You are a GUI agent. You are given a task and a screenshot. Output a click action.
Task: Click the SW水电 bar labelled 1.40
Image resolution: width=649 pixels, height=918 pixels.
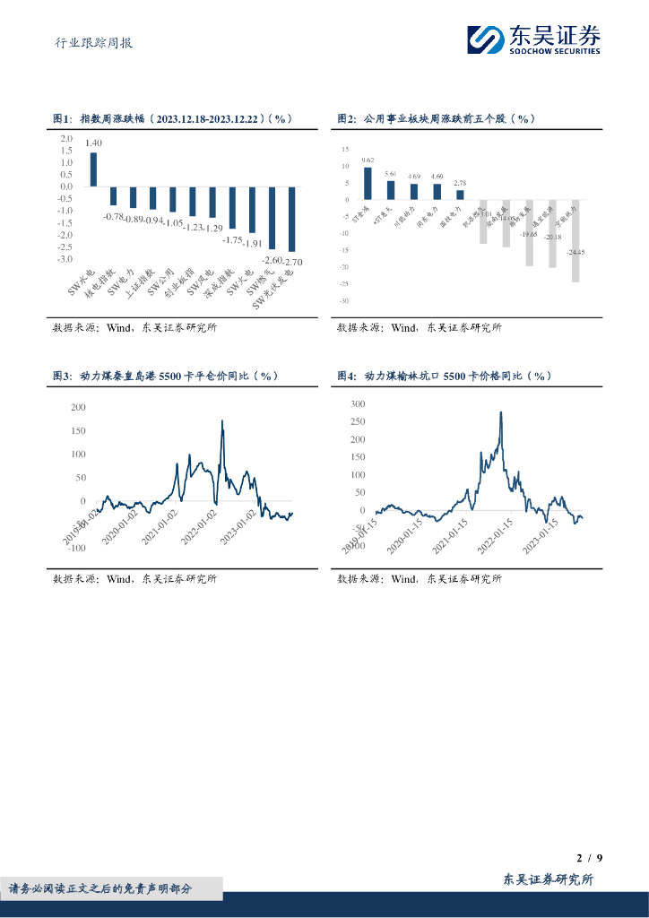click(93, 169)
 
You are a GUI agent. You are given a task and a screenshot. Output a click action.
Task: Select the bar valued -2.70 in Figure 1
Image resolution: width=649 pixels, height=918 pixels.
click(291, 219)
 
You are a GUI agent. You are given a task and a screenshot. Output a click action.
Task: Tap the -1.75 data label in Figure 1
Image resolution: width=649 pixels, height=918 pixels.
click(233, 239)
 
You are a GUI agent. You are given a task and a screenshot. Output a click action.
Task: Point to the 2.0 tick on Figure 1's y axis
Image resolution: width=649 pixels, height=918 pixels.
click(66, 139)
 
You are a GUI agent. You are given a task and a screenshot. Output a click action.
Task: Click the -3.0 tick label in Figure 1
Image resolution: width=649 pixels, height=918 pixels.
click(65, 259)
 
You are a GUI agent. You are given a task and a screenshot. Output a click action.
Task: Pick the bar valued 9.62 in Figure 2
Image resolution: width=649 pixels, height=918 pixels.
click(368, 183)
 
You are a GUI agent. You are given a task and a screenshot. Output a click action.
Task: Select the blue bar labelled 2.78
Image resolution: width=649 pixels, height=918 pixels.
click(460, 194)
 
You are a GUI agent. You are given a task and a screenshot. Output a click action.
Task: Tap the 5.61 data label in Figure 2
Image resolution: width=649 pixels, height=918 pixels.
click(391, 173)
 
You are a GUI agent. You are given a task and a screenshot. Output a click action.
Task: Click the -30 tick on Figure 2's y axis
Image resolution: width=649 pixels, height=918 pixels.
click(344, 301)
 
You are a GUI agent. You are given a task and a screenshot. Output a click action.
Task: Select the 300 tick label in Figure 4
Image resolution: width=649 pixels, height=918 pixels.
click(358, 404)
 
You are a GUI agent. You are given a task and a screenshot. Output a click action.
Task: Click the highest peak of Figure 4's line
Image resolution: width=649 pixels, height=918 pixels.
click(500, 412)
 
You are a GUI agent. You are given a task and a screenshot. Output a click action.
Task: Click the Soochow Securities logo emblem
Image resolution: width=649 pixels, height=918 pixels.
click(487, 39)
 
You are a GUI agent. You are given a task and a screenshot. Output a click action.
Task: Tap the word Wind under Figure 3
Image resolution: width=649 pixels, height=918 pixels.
click(119, 578)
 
